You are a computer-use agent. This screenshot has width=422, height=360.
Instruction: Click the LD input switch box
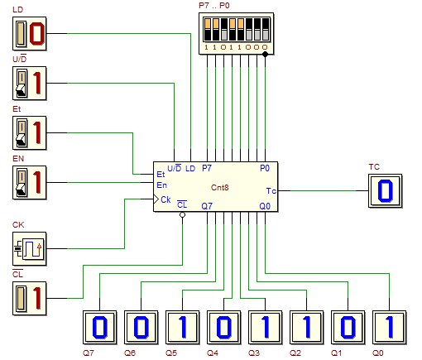pos(30,34)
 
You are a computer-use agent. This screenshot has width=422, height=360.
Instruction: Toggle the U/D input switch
pos(30,84)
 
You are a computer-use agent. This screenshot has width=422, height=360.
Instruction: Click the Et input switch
pos(30,133)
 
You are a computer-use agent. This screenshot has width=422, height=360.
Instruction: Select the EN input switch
pos(30,183)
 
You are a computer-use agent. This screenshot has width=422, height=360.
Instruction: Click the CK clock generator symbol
pos(30,249)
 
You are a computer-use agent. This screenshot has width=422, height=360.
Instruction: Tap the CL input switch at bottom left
pos(30,299)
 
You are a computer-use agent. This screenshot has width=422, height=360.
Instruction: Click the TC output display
pos(386,191)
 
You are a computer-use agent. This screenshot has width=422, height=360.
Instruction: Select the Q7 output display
pos(100,328)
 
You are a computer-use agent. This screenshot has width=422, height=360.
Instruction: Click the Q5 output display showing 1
pos(183,328)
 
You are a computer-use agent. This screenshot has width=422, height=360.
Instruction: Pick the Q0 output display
pos(390,328)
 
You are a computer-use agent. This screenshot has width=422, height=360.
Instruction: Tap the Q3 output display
pos(266,328)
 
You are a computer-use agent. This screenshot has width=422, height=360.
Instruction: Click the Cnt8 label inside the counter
pos(220,188)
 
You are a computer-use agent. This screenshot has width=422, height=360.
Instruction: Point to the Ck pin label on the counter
pos(165,199)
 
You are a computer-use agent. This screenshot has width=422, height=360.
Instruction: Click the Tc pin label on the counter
pos(271,191)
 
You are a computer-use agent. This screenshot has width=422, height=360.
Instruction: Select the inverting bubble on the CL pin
pos(182,214)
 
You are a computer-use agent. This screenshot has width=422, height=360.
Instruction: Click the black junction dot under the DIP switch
pos(265,55)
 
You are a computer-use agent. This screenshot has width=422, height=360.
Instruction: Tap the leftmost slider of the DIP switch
pos(208,30)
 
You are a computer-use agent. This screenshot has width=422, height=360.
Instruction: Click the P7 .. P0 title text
pos(214,6)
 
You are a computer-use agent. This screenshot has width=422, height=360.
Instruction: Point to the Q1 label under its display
pos(337,353)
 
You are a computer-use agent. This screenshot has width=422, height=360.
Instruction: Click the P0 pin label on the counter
pos(265,168)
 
